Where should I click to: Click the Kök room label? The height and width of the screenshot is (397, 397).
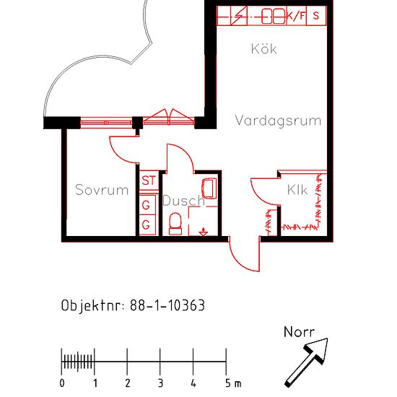[263, 49]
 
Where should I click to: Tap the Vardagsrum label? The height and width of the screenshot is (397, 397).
[278, 121]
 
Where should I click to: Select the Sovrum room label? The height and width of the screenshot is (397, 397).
[102, 191]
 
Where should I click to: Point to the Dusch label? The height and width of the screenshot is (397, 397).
[183, 201]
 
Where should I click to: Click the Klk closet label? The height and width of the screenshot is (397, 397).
[297, 191]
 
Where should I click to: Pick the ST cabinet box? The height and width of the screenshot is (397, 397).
[149, 180]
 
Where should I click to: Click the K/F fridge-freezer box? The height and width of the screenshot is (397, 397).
[296, 15]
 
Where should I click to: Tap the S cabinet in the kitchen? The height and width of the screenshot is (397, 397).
[316, 15]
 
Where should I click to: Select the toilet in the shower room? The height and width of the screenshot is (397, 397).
[174, 227]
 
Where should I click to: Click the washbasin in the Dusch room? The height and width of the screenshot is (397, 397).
[211, 188]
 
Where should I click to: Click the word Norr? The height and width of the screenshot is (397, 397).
[299, 332]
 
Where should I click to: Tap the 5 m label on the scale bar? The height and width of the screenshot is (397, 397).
[231, 383]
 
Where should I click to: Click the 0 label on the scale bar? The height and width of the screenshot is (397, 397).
[62, 383]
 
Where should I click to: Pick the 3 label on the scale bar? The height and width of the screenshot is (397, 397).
[160, 383]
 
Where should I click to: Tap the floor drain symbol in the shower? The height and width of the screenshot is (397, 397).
[204, 232]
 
